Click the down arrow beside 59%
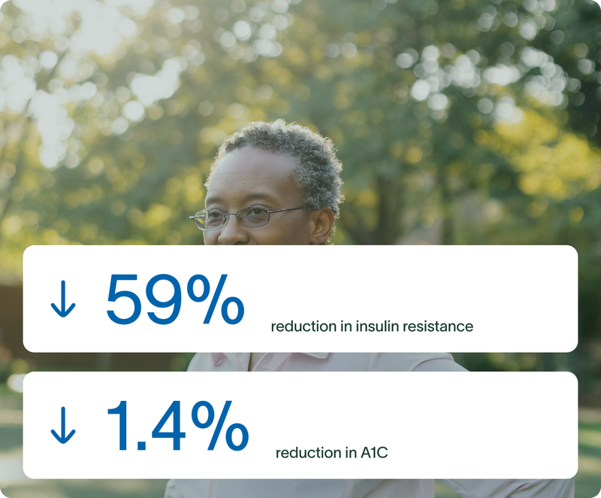[63, 299]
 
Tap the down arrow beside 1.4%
[63, 425]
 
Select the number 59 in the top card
[143, 299]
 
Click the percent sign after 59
[216, 299]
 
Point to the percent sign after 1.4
[220, 426]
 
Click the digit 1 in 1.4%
[119, 426]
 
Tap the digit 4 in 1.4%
[168, 426]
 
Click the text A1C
[374, 453]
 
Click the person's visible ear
[323, 226]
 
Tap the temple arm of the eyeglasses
[288, 209]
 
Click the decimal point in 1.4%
[141, 445]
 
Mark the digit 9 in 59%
[162, 299]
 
